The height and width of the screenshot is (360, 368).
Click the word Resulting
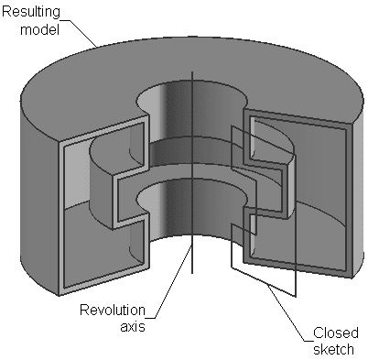click(32, 12)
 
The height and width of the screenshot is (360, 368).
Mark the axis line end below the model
click(192, 274)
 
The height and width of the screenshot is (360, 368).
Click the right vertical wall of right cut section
click(348, 202)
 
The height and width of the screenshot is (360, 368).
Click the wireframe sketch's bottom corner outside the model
click(295, 296)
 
